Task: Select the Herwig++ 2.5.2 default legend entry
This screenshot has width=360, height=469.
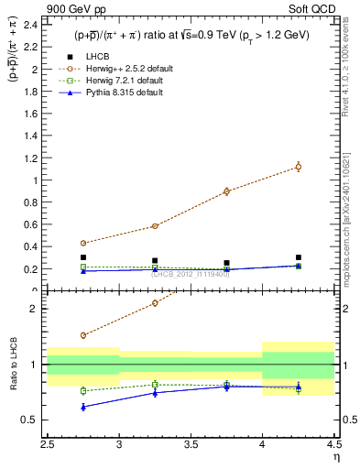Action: tap(125, 69)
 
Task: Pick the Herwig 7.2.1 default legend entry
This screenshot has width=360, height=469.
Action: tap(124, 81)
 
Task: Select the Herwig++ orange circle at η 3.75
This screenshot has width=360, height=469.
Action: tap(226, 191)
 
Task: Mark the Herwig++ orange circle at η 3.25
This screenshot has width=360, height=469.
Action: tap(155, 225)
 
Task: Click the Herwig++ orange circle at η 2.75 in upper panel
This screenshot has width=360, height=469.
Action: tap(83, 244)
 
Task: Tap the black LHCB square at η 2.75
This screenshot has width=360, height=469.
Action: tap(83, 257)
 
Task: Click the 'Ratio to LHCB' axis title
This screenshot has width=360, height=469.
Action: tap(13, 365)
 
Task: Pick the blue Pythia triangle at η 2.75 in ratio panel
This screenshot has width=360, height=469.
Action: tap(83, 407)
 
